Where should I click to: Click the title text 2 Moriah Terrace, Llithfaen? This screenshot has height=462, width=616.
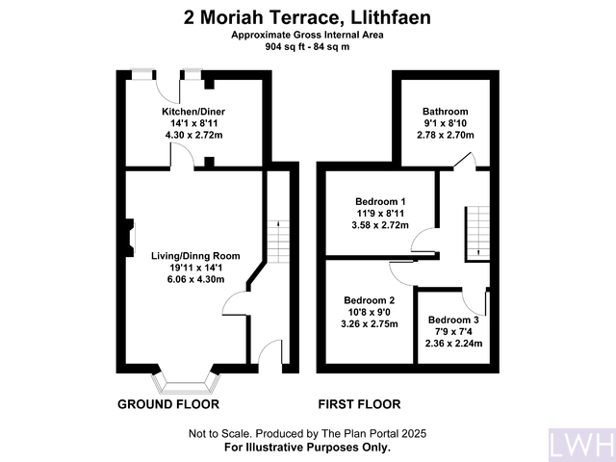click(307, 16)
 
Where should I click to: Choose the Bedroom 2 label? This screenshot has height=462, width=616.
click(370, 299)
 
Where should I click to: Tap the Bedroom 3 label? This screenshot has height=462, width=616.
click(454, 320)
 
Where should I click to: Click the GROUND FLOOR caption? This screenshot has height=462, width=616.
click(168, 404)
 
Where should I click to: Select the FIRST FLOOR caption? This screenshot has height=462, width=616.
click(359, 404)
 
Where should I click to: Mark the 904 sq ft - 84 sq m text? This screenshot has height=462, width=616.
click(307, 46)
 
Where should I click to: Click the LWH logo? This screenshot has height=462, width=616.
click(579, 444)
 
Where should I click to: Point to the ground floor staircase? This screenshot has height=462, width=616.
click(277, 235)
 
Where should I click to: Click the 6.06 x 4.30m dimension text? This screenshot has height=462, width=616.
click(188, 279)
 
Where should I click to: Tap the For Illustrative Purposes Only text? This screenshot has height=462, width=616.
click(307, 448)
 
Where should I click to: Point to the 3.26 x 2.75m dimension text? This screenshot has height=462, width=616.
click(370, 324)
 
